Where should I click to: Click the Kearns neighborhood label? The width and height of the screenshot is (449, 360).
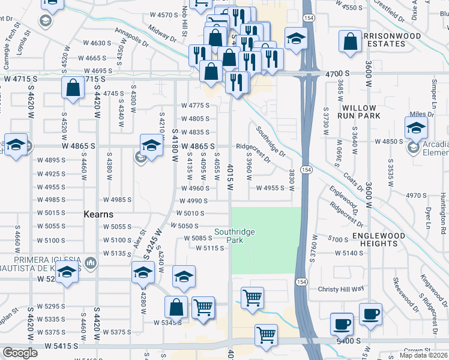(x=98, y=214)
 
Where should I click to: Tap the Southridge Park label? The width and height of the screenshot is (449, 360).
(x=235, y=235)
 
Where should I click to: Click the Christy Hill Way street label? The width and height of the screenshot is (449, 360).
(x=341, y=288)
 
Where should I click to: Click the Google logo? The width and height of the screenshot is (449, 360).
(x=20, y=353)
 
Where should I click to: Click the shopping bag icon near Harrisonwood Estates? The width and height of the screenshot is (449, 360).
(x=350, y=42)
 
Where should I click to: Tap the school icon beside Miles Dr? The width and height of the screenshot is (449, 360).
(x=416, y=127)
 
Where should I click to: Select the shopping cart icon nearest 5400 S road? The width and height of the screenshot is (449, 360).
(x=266, y=335)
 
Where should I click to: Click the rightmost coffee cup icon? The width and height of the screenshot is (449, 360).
(x=370, y=314)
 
